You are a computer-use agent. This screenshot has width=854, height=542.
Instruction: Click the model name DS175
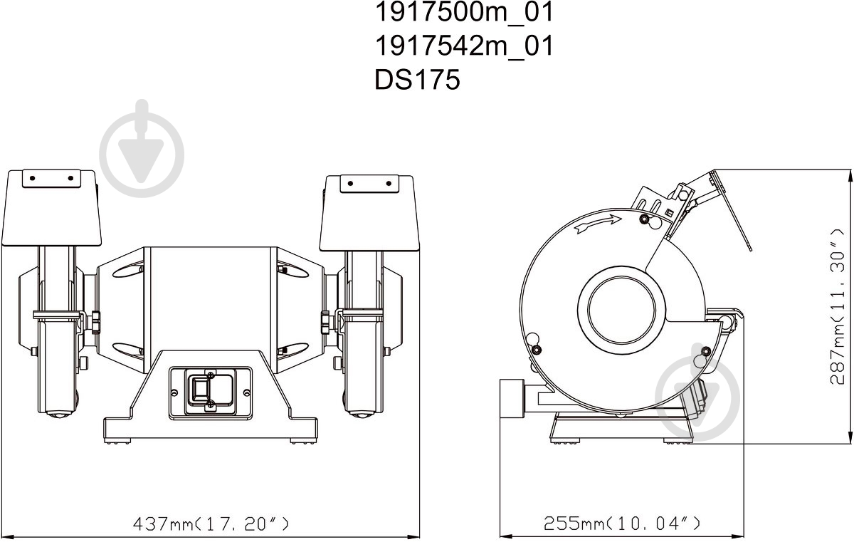pos(418,80)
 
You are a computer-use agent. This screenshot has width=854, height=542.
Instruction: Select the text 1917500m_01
pos(464,12)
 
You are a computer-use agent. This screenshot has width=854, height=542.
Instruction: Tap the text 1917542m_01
pos(464,46)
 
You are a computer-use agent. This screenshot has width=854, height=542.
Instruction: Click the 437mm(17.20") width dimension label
pos(211,523)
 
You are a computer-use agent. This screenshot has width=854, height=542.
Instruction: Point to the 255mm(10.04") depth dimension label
pos(622,523)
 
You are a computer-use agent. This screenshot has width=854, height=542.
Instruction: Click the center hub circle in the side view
pos(622,310)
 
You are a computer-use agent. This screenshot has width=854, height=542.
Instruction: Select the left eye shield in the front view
pos(52,208)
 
